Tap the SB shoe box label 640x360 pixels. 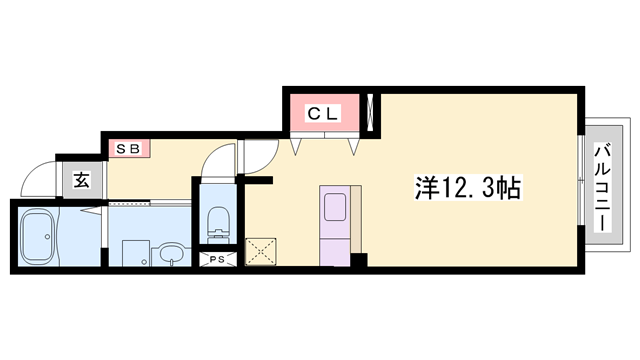click(129, 149)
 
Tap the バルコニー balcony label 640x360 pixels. click(603, 187)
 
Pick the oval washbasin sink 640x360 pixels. click(171, 251)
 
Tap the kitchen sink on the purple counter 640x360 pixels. click(334, 207)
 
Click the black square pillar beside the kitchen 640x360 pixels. click(358, 261)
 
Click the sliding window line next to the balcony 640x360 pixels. click(583, 187)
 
